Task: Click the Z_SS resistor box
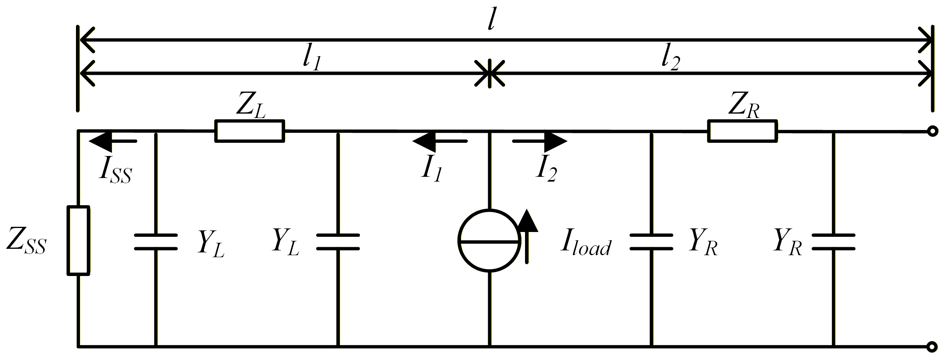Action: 78,240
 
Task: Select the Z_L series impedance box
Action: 250,131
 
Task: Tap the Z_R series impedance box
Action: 742,131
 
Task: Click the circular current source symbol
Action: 489,241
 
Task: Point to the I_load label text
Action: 586,242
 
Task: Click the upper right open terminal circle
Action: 932,131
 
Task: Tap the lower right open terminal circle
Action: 932,346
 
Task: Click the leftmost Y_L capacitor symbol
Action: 156,242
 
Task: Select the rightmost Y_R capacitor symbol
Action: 833,242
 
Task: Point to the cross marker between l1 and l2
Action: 489,74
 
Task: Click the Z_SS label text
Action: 26,242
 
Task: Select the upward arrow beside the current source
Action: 527,236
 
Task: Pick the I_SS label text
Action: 116,170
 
